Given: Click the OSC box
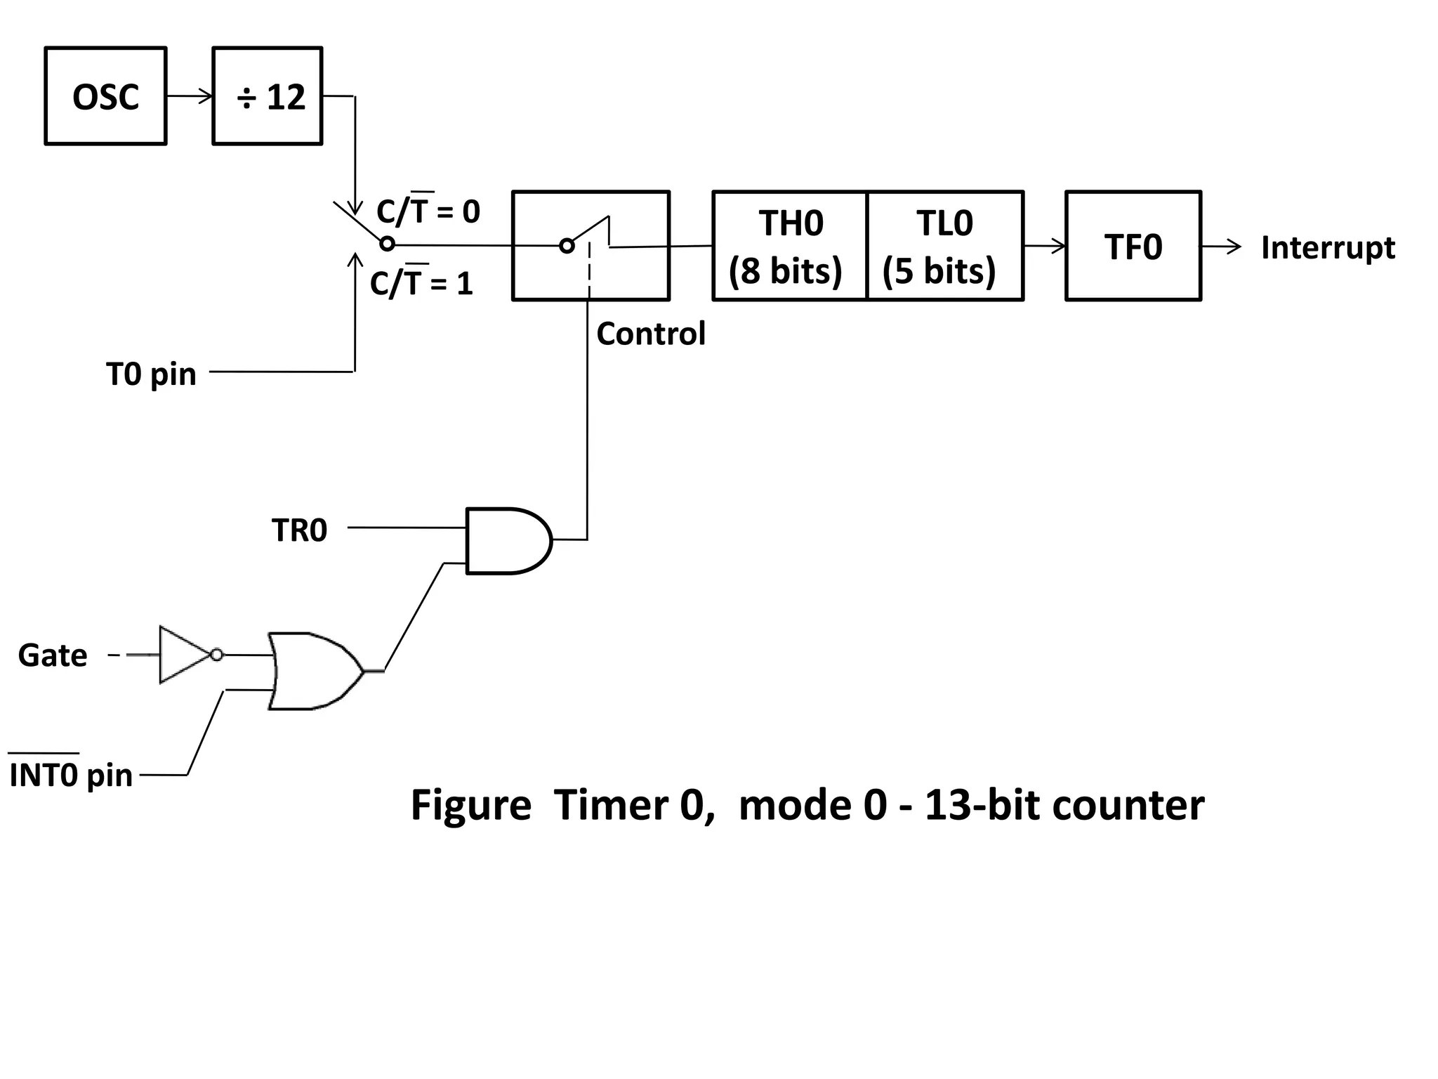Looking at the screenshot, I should pos(105,96).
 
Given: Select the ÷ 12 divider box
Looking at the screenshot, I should pos(268,96).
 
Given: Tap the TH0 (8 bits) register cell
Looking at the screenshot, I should pos(790,246).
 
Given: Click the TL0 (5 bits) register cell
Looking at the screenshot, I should pos(944,246).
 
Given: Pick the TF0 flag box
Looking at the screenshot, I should pos(1133,246).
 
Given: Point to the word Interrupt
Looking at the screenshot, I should pos(1327,247).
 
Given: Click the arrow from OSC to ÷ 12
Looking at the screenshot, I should pos(190,96).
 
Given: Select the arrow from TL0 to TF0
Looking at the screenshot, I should pos(1045,246).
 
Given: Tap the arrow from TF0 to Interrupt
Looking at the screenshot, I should pos(1222,247).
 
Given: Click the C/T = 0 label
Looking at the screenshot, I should pos(428,211).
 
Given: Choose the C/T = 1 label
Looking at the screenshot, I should pos(421,283).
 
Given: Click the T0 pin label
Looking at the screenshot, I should pos(151,374).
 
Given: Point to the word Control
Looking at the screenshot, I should pos(650,334).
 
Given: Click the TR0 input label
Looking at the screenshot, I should pos(299,530).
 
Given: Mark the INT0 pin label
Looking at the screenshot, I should pos(70,774).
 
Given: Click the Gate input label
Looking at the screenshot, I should pos(53,655).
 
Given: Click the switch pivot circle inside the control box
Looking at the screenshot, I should pos(567,246).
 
